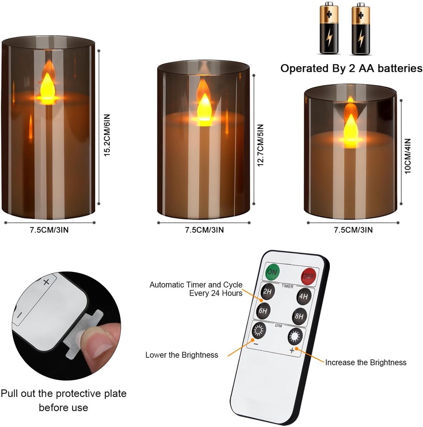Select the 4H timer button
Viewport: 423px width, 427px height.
coord(304,297)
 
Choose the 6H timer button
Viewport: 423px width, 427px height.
coord(263,310)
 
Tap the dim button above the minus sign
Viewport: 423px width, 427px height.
coord(259,331)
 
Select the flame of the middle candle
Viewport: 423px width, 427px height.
coord(204,108)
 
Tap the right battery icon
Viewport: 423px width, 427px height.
coord(360,29)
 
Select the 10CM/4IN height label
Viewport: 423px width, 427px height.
coord(408,156)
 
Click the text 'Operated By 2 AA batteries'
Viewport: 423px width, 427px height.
coord(351,68)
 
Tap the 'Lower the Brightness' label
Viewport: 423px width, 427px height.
coord(182,355)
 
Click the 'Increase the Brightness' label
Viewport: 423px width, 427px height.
coord(366,362)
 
